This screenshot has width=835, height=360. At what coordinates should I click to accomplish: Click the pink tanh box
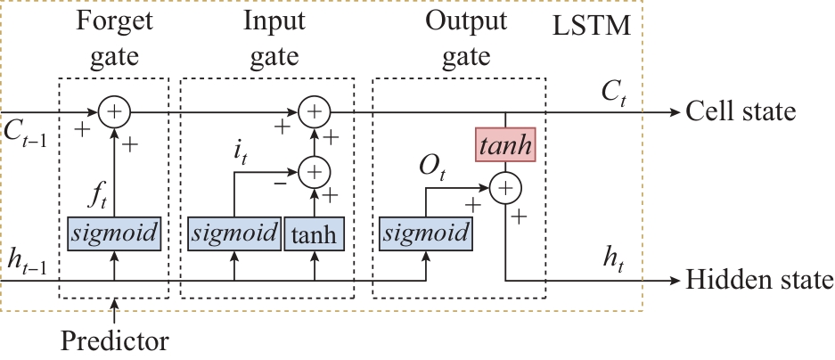click(x=505, y=145)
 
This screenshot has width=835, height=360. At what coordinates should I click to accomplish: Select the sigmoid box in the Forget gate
click(x=113, y=234)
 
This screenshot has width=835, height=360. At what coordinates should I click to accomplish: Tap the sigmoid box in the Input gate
click(x=234, y=234)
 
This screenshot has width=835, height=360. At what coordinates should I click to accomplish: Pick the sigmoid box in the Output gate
click(x=425, y=234)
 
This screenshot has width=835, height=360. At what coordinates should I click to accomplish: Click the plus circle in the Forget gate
click(x=114, y=112)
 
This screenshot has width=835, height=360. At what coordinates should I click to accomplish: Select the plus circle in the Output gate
click(x=505, y=188)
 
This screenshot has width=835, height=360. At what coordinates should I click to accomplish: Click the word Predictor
click(x=115, y=340)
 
